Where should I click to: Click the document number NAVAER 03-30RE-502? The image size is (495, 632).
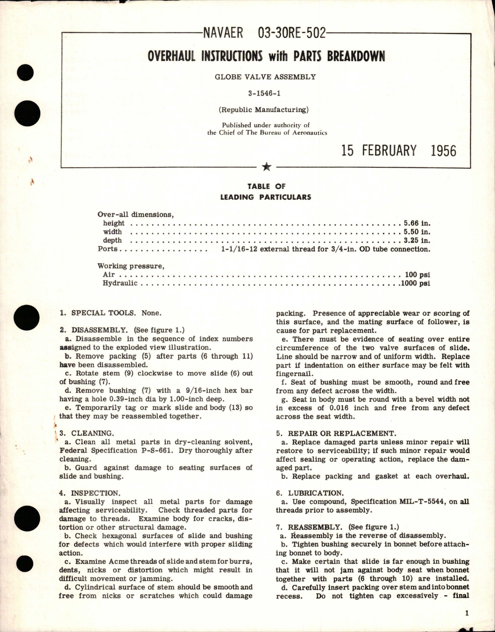264,34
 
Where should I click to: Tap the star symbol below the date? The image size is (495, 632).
266,167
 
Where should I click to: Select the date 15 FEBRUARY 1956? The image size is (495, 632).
399,150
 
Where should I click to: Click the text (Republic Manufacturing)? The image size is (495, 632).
263,110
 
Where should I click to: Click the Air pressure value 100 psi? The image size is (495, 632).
417,275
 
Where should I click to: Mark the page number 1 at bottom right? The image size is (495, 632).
467,613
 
